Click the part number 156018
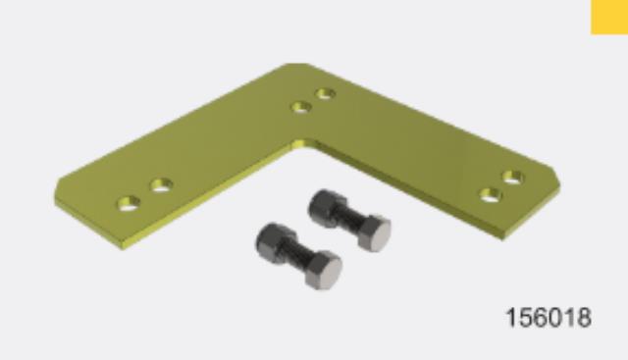click(549, 319)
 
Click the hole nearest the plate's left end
click(128, 204)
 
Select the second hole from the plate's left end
click(161, 184)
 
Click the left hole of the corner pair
click(303, 106)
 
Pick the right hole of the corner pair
click(326, 94)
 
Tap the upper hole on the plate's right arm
click(512, 178)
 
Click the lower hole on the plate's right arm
click(491, 194)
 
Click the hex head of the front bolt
click(321, 269)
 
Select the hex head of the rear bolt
click(373, 231)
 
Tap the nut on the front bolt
click(273, 240)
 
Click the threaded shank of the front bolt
click(297, 255)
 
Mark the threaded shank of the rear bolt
click(349, 219)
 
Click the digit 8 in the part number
click(585, 319)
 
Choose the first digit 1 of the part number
click(511, 319)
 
